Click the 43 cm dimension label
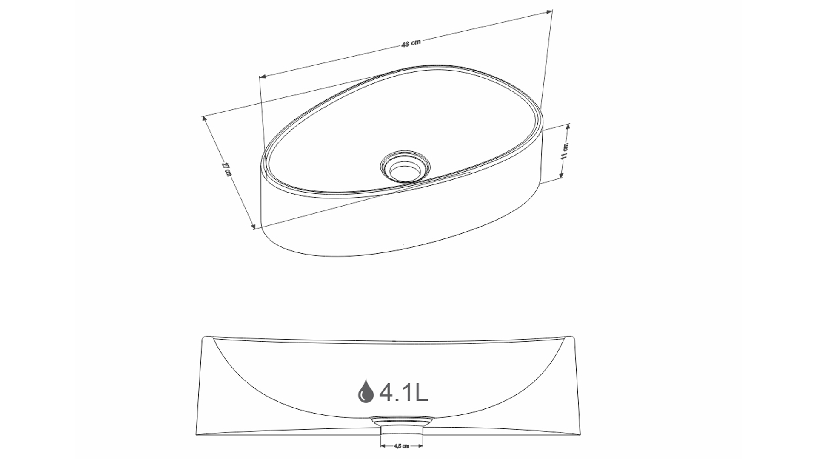click(411, 43)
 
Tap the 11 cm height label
click(565, 151)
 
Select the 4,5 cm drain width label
click(402, 446)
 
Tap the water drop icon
click(366, 391)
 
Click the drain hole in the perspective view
click(405, 166)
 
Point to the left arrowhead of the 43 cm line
click(263, 76)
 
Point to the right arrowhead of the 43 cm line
click(549, 11)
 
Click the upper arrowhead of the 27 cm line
click(204, 119)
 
